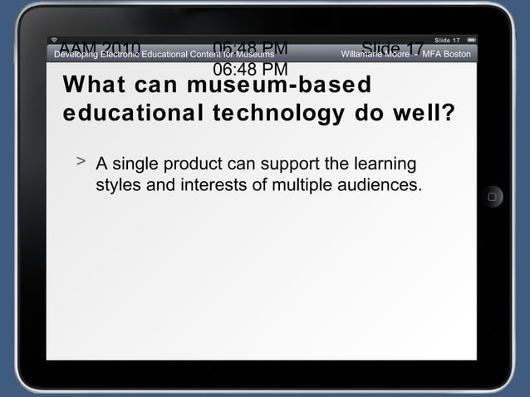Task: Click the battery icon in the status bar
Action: [471, 40]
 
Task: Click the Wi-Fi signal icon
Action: [54, 40]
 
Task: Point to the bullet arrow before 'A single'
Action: [81, 161]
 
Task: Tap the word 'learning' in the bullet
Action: [385, 164]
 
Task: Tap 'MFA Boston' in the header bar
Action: [447, 54]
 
